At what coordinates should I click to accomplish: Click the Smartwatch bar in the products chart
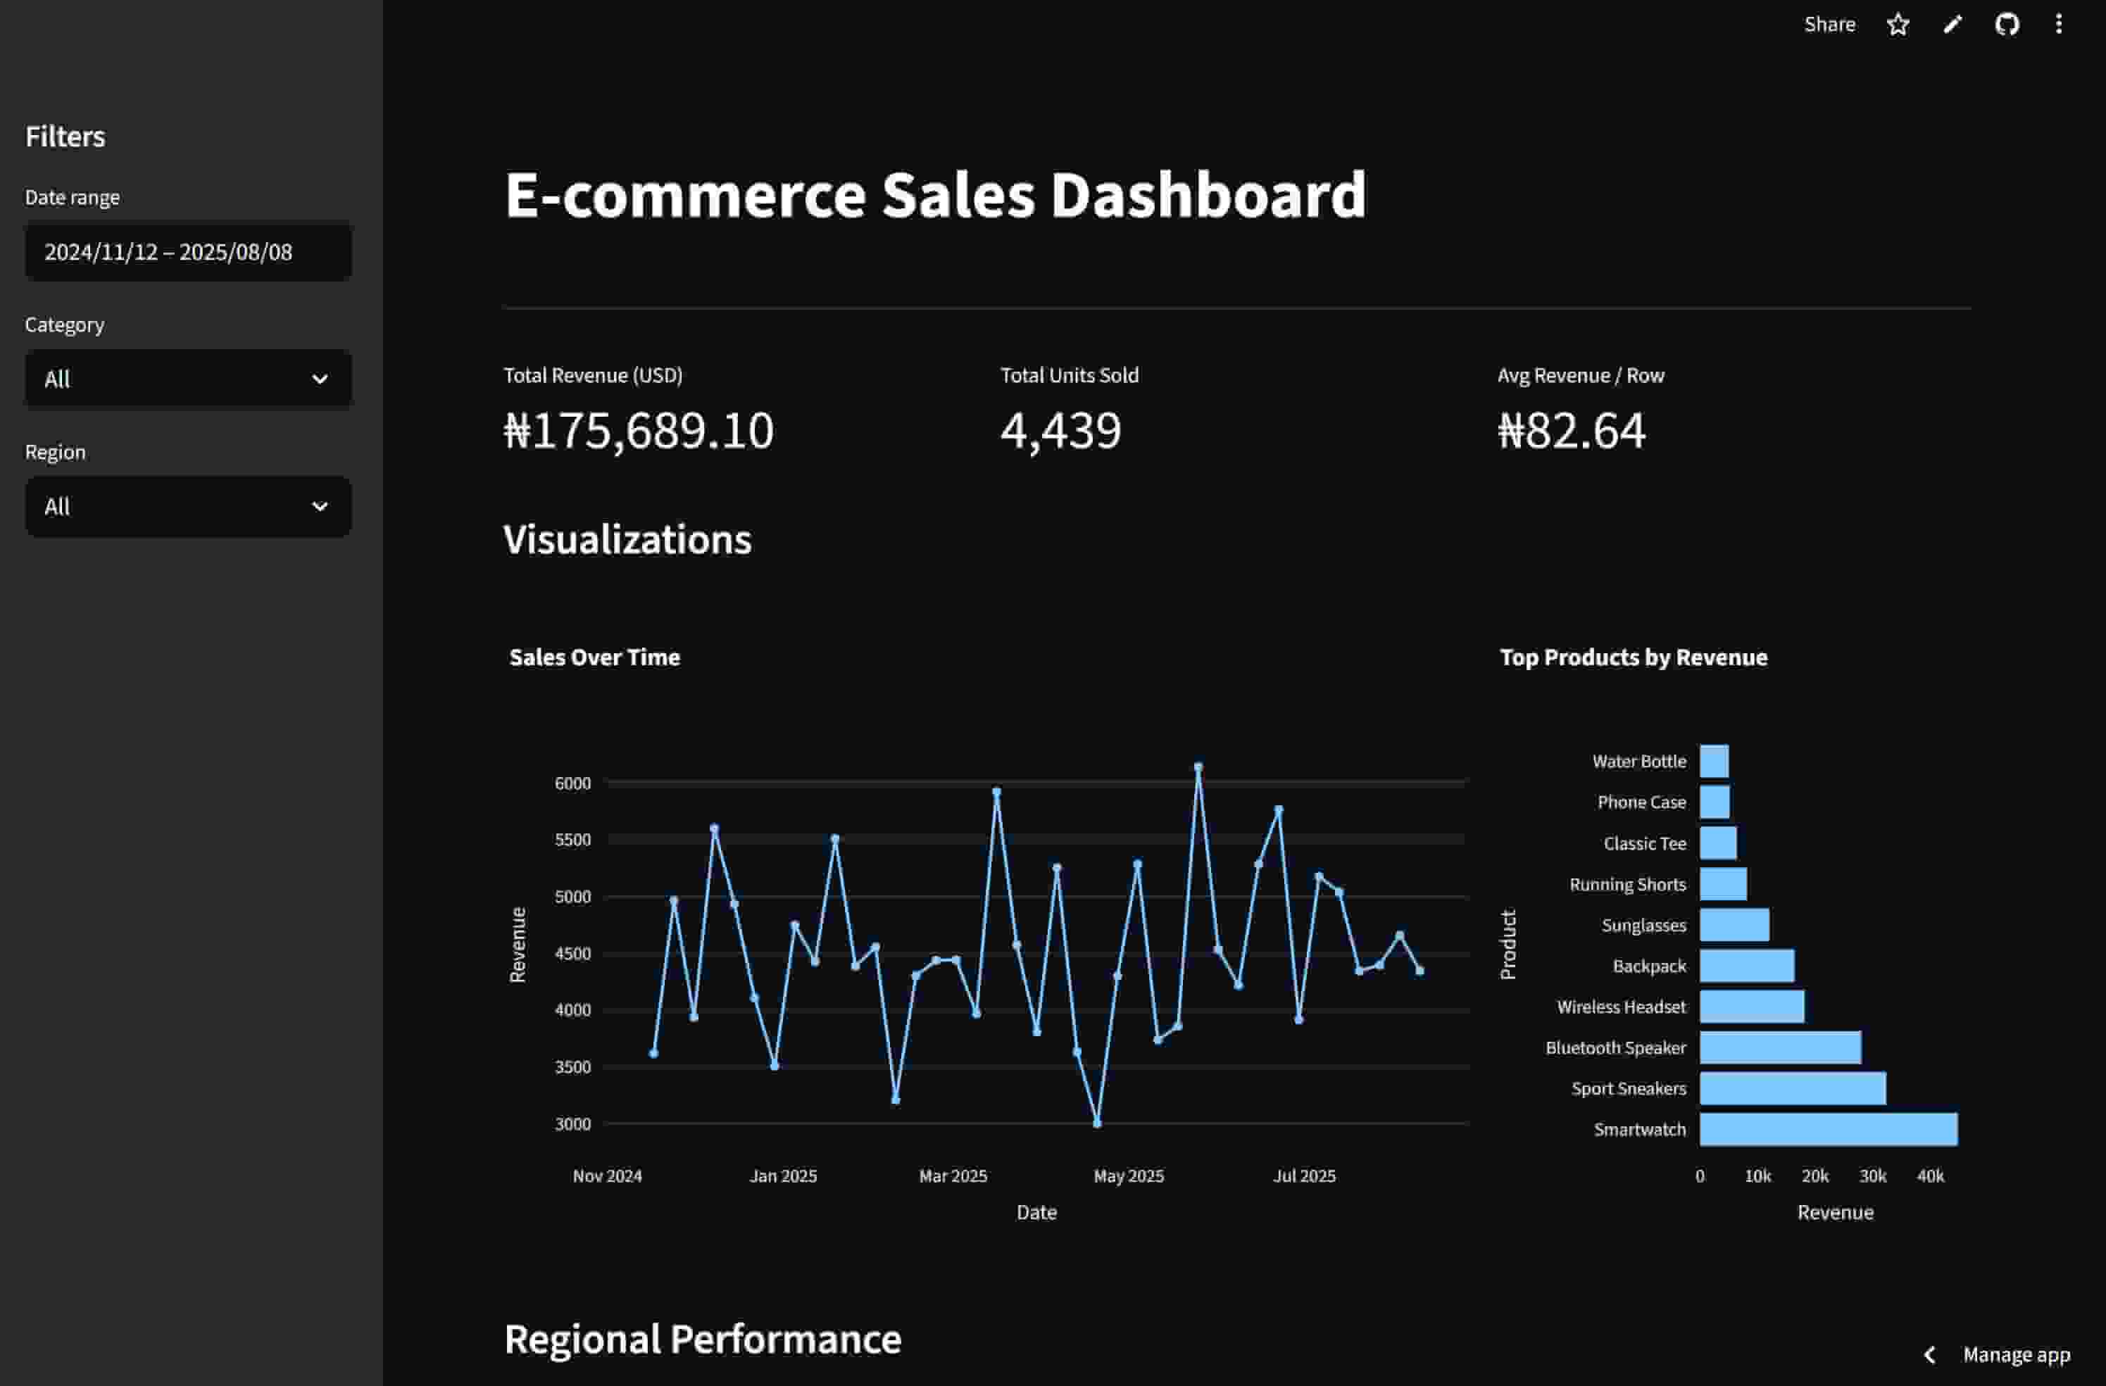1828,1130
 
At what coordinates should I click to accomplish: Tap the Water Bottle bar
1714,761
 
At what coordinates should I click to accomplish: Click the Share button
1829,25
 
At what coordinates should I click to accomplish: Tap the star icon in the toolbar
1897,25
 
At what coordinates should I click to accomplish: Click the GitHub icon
2006,25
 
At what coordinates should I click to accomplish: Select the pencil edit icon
1952,25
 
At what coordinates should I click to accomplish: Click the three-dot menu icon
2058,25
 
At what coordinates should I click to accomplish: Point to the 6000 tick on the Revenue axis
572,783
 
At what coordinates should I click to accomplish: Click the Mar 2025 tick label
952,1176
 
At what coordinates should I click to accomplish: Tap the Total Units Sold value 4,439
1060,431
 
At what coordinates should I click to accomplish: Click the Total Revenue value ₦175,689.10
638,431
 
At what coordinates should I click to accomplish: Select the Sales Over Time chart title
595,657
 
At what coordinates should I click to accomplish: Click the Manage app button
2015,1354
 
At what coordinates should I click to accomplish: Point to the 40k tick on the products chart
1930,1176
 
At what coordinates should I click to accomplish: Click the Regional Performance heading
703,1339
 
